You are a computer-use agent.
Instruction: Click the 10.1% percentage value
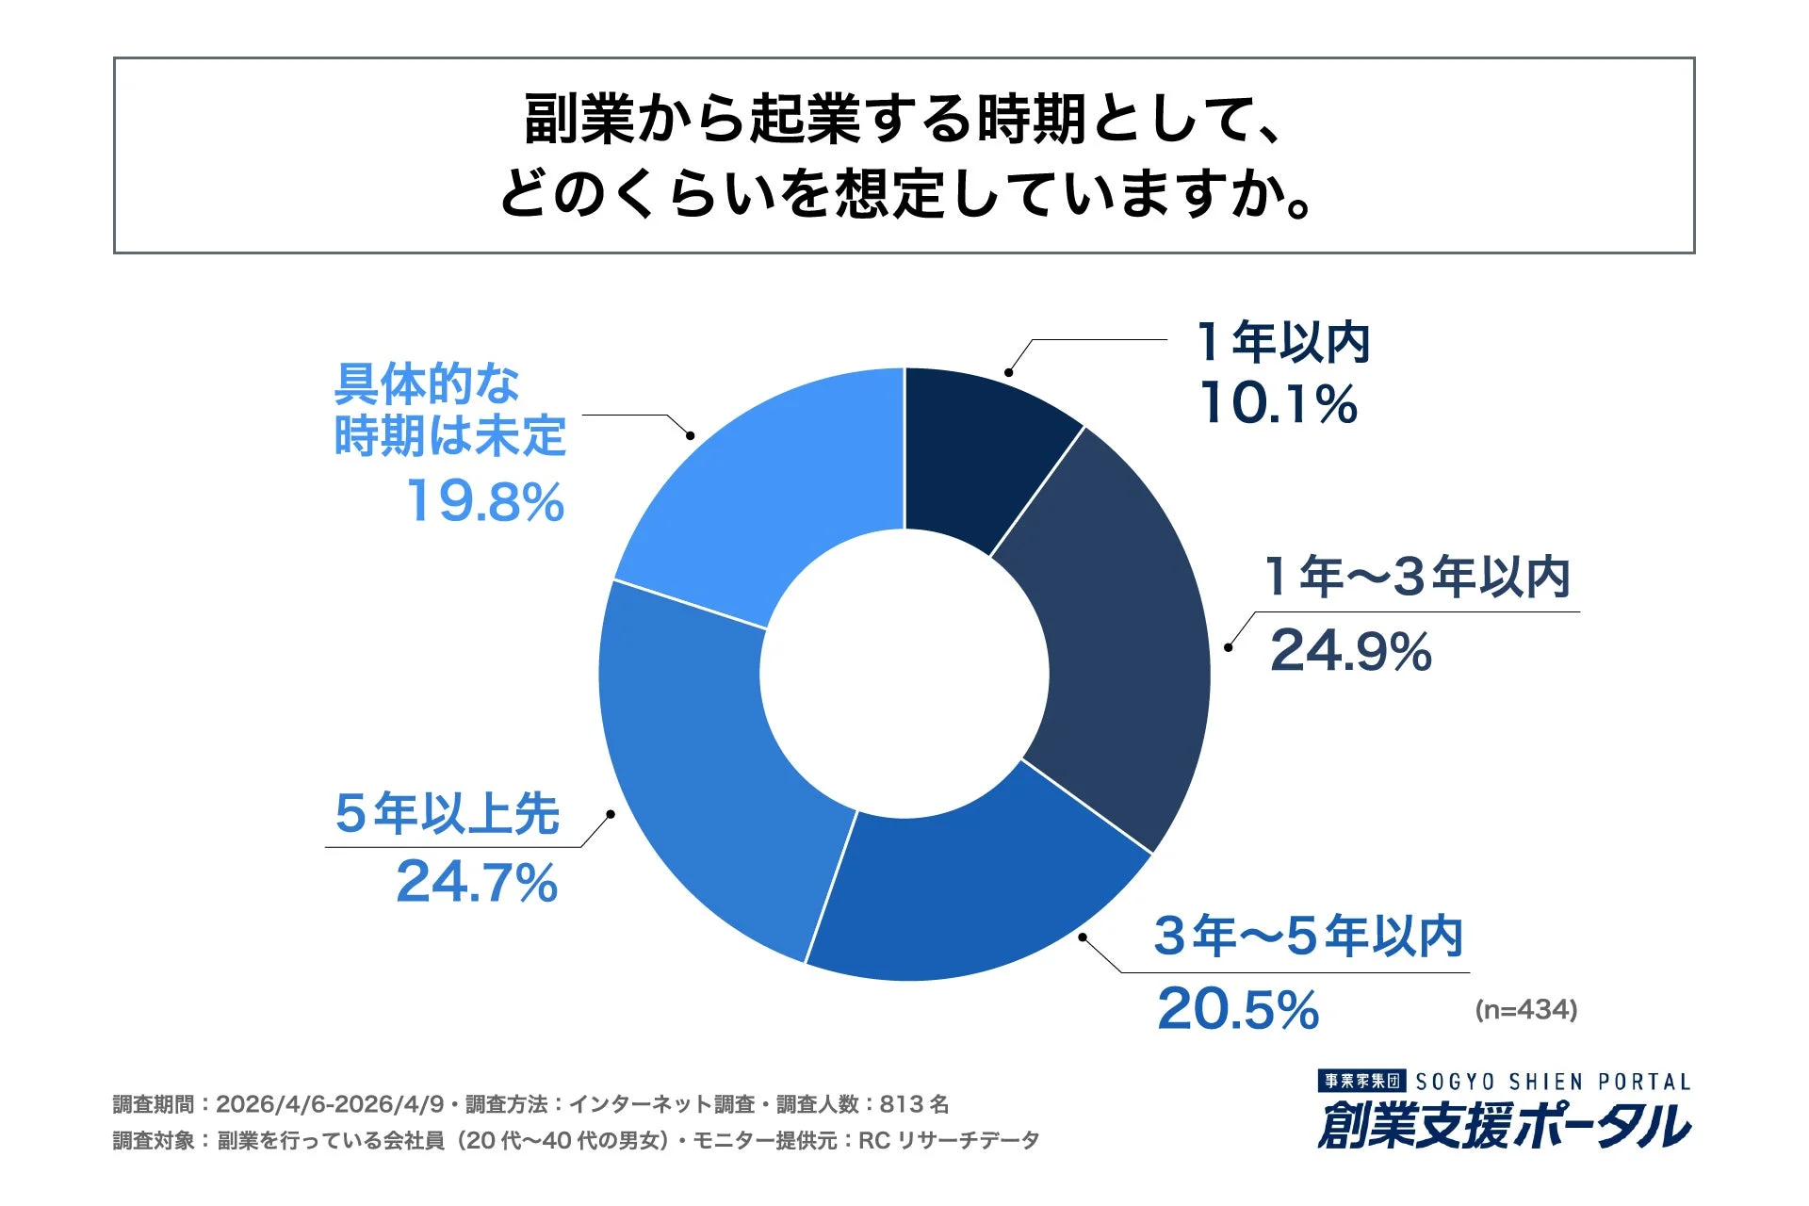[x=1279, y=403]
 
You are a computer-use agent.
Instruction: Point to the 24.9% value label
[x=1350, y=651]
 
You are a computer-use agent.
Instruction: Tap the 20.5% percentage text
[x=1237, y=1009]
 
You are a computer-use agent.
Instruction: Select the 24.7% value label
[x=477, y=883]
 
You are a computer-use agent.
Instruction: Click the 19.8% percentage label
[x=485, y=500]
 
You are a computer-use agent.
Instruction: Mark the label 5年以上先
[x=447, y=813]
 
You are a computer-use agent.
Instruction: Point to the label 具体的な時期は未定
[x=448, y=410]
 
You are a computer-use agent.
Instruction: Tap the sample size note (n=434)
[x=1525, y=1010]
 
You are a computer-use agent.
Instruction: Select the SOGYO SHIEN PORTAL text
[x=1553, y=1082]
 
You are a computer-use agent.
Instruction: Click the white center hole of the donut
[x=904, y=674]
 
